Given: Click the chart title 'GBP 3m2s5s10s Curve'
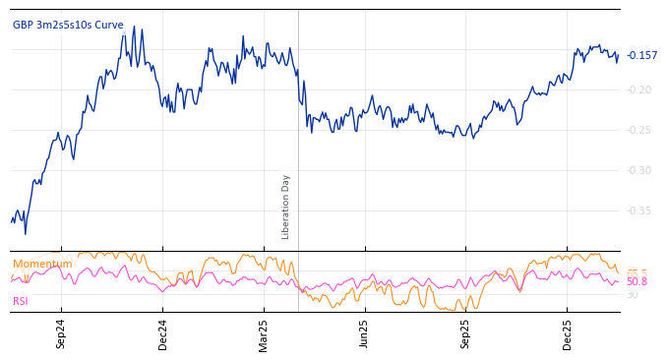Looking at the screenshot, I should [68, 25].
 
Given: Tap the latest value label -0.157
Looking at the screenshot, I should [641, 56].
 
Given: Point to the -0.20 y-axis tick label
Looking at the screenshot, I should [639, 90].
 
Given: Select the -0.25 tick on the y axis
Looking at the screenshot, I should [639, 131].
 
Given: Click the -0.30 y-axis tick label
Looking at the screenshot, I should [639, 171].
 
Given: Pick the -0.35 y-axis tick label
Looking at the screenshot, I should [639, 211].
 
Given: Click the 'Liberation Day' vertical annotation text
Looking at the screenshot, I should [286, 207].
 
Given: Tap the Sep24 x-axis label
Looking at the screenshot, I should [61, 334].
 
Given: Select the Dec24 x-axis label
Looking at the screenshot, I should [162, 334].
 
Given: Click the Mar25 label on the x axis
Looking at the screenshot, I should [264, 334].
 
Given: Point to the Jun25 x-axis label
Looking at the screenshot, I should [364, 334].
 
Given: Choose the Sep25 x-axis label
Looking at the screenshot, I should [465, 334].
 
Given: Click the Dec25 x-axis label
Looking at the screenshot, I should [567, 334].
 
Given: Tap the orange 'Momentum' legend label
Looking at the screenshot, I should [42, 265].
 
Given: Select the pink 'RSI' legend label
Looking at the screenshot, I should [21, 302].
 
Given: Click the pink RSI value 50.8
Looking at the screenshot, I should [637, 282].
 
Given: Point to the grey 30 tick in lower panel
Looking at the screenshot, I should [632, 295].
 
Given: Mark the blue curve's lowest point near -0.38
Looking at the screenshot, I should [25, 233].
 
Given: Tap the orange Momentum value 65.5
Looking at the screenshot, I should [637, 272].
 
